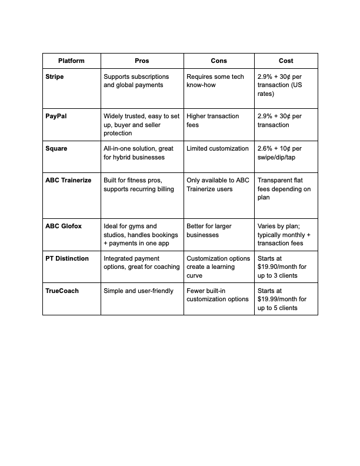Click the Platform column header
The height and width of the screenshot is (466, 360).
pos(71,61)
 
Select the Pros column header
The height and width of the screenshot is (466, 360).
pos(142,61)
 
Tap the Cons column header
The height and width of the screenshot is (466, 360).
pos(219,61)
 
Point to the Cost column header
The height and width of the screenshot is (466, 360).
pos(286,61)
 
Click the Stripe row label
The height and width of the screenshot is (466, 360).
pos(54,76)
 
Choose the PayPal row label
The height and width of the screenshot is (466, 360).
pos(56,116)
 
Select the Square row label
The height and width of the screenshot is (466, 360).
pos(56,148)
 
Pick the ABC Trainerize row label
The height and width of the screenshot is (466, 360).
pos(68,180)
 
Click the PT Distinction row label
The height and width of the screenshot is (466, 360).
pos(67,258)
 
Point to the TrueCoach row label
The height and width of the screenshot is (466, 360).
pos(62,291)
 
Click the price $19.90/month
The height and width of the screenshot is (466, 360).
pos(277,267)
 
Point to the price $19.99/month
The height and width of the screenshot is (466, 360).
pos(277,299)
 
